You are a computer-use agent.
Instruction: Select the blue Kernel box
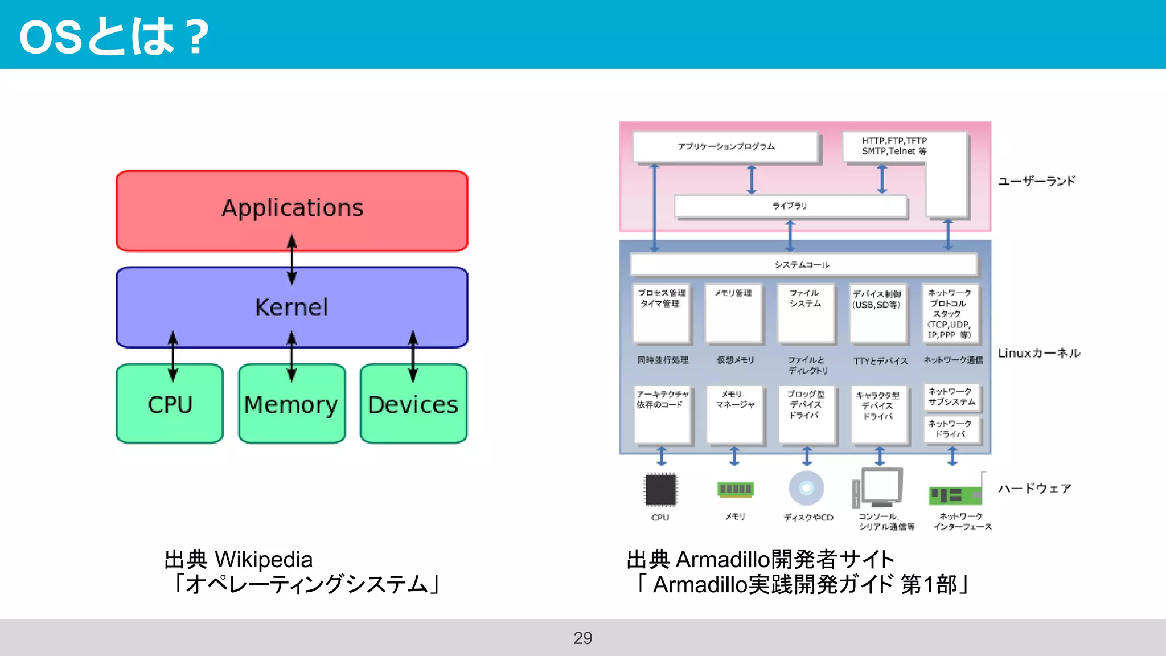(291, 307)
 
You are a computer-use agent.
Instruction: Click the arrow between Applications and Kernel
(292, 259)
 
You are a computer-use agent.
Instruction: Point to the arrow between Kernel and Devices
(413, 356)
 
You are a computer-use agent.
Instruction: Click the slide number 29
(582, 638)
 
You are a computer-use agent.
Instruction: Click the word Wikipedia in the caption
(264, 560)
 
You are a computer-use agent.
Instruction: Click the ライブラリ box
(789, 206)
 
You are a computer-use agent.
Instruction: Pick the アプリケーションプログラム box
(726, 147)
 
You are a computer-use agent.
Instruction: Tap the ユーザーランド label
(1036, 181)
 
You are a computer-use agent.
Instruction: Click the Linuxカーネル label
(1039, 353)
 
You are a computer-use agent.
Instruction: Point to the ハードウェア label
(1034, 489)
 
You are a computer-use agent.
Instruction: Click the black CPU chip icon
(660, 489)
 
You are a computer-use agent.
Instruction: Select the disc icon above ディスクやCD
(806, 488)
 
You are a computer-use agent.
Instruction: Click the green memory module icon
(735, 489)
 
